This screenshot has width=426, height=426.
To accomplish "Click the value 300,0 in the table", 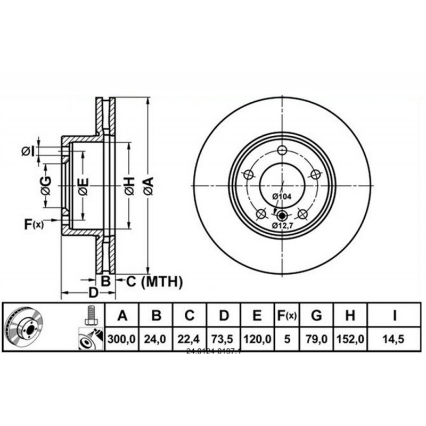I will click(122, 339).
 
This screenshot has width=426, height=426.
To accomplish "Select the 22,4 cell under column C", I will click(190, 339).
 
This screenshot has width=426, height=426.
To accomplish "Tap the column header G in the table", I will click(316, 316).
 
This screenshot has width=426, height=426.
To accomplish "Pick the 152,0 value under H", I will click(350, 339).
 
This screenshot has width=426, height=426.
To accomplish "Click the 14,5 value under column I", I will click(395, 339).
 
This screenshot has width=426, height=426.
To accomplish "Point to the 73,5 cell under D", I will click(224, 339).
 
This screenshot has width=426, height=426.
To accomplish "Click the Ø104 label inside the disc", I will click(282, 196).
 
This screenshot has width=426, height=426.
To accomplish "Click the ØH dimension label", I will click(129, 186).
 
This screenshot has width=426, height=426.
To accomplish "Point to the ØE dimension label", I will click(83, 186).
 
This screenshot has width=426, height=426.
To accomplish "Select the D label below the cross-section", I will click(92, 292).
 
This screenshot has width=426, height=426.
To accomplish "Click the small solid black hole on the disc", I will click(282, 216).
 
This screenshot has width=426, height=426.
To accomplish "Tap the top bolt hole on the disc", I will click(282, 149).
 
